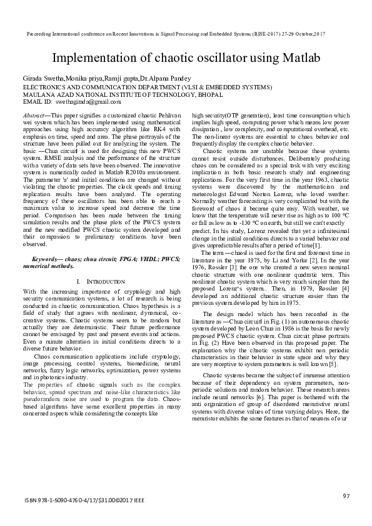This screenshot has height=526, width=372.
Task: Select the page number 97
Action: (x=346, y=495)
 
